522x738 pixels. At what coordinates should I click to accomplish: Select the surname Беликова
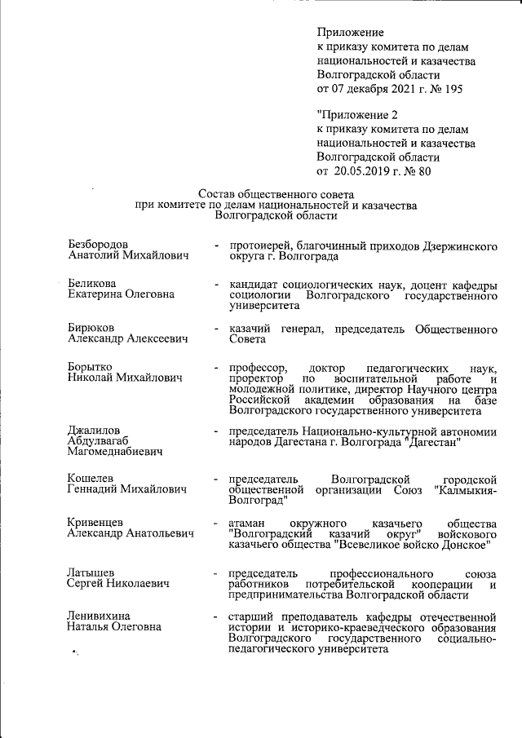(91, 285)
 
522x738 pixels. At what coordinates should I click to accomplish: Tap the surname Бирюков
(91, 328)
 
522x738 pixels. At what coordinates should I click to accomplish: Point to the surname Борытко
(90, 367)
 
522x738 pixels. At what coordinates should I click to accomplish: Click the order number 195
(452, 89)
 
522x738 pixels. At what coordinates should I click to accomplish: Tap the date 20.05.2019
(364, 171)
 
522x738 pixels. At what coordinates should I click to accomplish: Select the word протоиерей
(259, 245)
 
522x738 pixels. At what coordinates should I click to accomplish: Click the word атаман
(247, 523)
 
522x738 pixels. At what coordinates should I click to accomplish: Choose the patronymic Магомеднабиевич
(115, 451)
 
